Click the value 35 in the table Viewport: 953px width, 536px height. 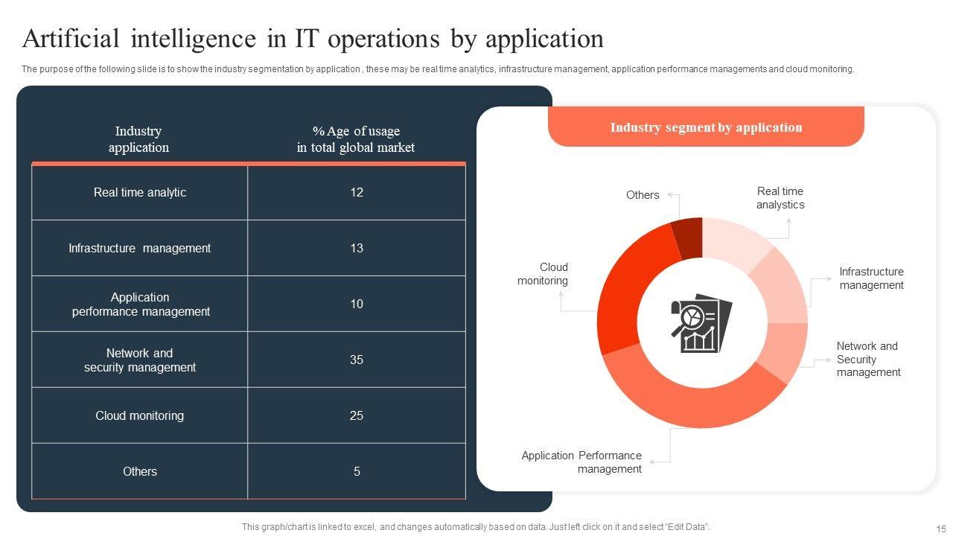tap(357, 360)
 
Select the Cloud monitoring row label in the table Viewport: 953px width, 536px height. tap(139, 415)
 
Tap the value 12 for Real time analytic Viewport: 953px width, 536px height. tap(357, 192)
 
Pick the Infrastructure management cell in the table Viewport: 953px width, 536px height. tap(139, 248)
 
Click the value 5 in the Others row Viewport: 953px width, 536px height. tap(357, 471)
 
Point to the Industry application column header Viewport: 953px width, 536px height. tap(138, 139)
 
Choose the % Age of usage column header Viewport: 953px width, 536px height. tap(356, 139)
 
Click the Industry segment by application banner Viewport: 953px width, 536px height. tap(706, 127)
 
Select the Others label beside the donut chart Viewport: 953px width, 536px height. tap(643, 195)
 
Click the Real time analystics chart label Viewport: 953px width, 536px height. tap(780, 198)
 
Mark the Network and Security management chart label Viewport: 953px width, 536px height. tap(868, 360)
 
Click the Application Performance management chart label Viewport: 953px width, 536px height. tap(581, 462)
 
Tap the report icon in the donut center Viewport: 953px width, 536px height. tap(701, 322)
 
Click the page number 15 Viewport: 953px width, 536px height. tap(940, 527)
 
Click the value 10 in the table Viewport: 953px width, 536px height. tap(357, 304)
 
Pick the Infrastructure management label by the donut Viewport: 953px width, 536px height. tap(871, 278)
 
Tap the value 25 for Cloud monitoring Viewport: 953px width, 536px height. tap(357, 415)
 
